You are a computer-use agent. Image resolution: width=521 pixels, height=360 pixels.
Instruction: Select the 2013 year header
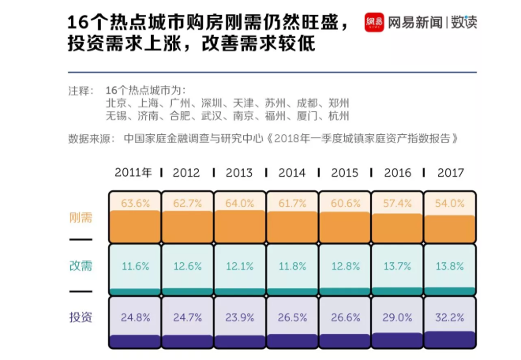239,173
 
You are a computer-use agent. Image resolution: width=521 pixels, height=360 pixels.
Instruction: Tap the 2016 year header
397,173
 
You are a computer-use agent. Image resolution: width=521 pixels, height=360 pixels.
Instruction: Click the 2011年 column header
133,173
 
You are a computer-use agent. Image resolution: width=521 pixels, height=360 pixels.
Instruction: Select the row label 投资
81,317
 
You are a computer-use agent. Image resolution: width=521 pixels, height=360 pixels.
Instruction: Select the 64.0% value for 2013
239,203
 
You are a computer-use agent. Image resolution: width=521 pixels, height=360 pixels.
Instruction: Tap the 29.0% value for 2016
397,317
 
